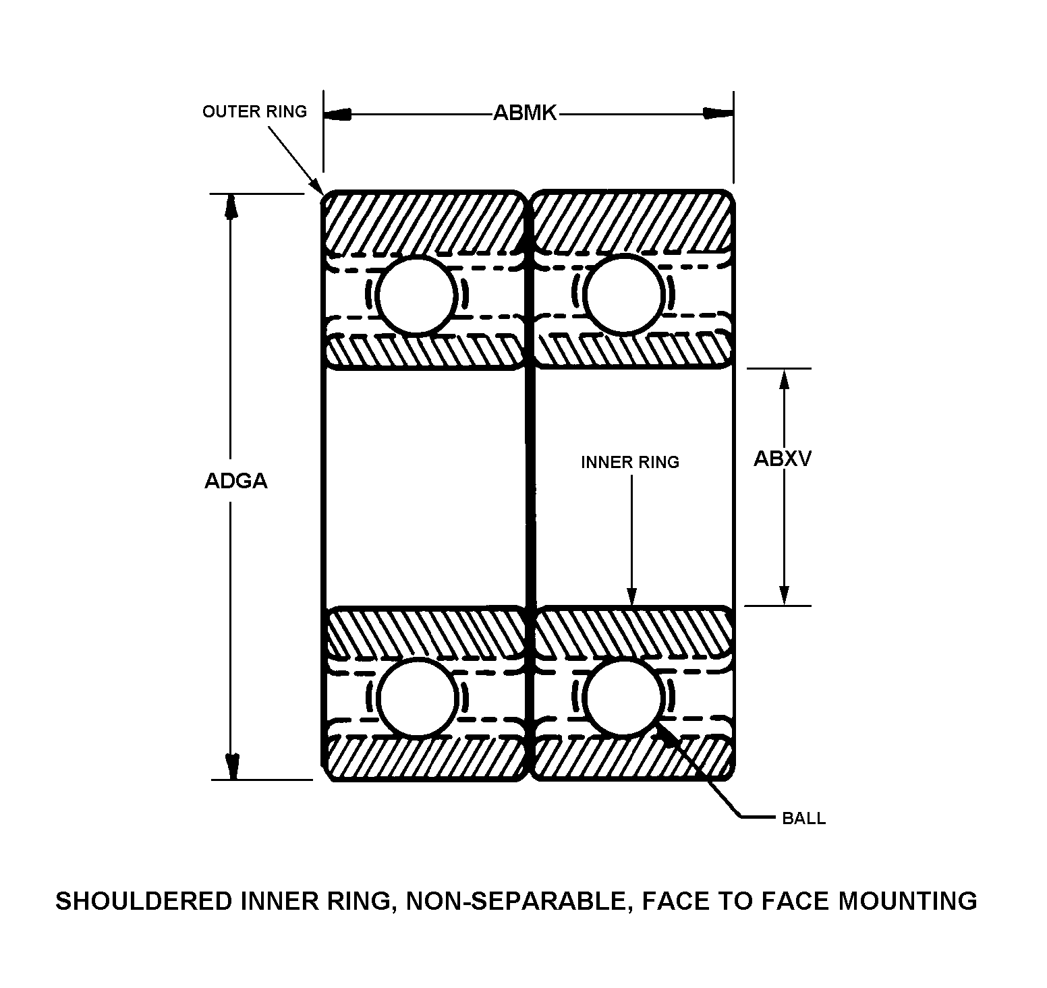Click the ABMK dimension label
point(525,113)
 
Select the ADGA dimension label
point(236,481)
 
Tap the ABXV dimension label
point(783,459)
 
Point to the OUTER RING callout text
point(254,111)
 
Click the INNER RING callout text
point(630,462)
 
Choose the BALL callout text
point(803,819)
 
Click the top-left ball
point(417,295)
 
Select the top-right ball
point(625,295)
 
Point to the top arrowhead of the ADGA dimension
point(231,207)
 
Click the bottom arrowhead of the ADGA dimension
point(231,765)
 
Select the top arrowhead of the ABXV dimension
point(784,381)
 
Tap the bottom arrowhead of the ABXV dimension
point(784,593)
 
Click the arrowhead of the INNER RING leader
point(632,595)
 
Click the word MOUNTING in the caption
point(907,901)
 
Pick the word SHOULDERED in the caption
point(144,901)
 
